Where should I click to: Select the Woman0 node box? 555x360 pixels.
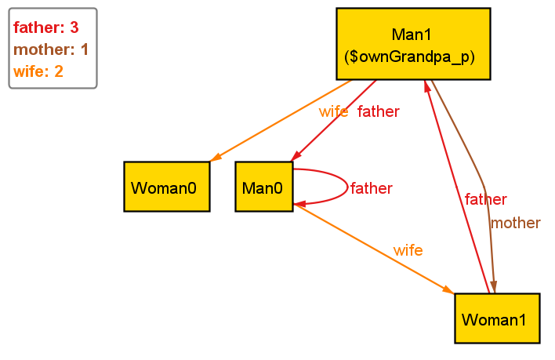(x=167, y=187)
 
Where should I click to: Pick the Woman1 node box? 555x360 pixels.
(x=497, y=318)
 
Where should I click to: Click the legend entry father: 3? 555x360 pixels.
(x=46, y=28)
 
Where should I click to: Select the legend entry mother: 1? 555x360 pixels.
(x=51, y=50)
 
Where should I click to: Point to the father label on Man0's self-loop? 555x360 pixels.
(x=371, y=188)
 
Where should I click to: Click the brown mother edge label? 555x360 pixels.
(x=515, y=224)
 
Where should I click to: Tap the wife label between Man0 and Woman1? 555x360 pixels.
(x=408, y=251)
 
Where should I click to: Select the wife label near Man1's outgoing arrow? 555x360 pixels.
(x=333, y=111)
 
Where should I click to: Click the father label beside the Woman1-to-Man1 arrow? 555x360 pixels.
(x=485, y=200)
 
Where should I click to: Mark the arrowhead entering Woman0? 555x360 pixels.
(x=216, y=159)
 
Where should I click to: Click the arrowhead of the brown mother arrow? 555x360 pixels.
(x=494, y=288)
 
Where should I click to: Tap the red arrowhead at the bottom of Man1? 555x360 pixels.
(x=427, y=85)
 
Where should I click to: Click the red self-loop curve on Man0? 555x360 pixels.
(x=346, y=187)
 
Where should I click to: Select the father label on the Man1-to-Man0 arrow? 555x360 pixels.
(x=378, y=111)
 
